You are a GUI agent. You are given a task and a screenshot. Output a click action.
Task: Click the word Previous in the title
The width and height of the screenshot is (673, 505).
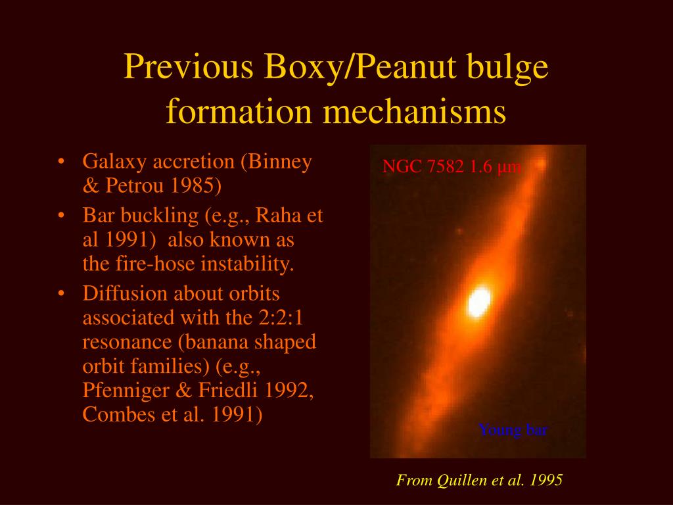[x=189, y=66]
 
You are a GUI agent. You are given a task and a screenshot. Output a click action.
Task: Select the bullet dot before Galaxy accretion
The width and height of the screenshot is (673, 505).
[x=61, y=162]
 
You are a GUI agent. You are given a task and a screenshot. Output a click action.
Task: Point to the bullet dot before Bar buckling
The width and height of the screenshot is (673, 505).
[x=61, y=216]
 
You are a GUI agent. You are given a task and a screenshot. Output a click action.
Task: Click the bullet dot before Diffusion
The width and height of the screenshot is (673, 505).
[x=61, y=294]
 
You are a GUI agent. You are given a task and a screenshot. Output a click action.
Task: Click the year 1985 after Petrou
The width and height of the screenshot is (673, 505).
[x=195, y=186]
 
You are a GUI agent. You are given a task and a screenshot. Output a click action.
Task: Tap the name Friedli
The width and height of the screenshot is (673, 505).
[x=227, y=391]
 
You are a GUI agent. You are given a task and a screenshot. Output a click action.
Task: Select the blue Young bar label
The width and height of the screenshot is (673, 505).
[x=513, y=429]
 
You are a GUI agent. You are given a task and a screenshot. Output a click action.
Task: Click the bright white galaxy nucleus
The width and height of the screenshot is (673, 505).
[x=479, y=302]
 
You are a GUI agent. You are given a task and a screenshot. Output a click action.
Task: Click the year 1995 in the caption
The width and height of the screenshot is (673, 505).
[x=546, y=480]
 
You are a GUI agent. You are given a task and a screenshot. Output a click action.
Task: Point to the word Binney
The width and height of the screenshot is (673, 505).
[x=279, y=162]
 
